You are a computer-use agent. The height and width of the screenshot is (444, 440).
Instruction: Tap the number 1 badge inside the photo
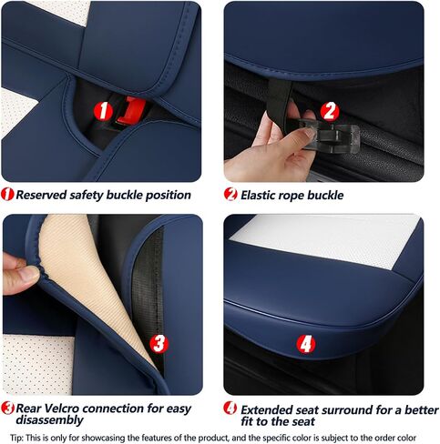(104, 111)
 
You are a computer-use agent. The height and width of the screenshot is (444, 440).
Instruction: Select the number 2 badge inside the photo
(330, 111)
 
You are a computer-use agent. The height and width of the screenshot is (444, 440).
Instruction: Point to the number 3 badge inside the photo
(159, 344)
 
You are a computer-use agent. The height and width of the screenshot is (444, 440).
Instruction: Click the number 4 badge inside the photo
(306, 344)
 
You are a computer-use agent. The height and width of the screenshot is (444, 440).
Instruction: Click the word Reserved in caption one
(41, 195)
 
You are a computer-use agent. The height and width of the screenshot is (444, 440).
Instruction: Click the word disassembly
(49, 420)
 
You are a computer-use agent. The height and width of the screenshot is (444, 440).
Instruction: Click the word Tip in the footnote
(16, 439)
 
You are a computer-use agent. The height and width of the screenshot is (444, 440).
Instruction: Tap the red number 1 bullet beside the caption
(7, 194)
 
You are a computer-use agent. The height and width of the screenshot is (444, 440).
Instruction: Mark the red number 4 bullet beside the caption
(230, 409)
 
